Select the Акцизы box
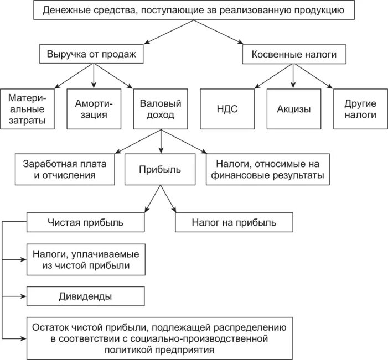coord(293,109)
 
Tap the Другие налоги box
coord(360,109)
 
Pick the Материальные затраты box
coord(27,109)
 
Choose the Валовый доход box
coord(161,109)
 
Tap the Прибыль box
coord(161,169)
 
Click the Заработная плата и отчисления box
coord(64,169)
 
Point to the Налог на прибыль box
coord(234,222)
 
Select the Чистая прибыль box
coord(86,222)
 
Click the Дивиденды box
coord(86,296)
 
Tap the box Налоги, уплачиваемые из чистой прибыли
coord(86,259)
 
